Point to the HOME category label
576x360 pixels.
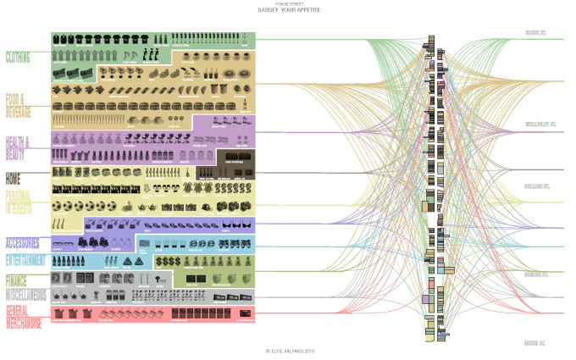tap(14, 179)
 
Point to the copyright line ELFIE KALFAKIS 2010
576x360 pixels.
tap(289, 350)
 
